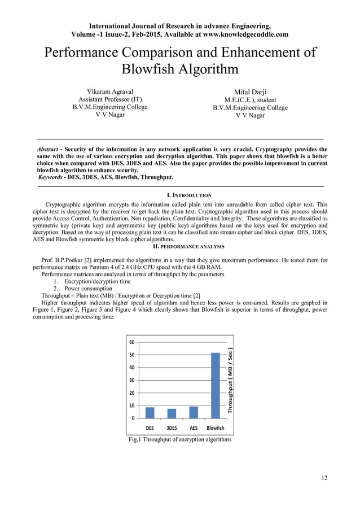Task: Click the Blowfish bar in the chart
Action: coord(216,385)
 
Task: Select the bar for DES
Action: coord(150,412)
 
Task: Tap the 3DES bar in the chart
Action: coord(172,413)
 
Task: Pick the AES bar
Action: coord(194,412)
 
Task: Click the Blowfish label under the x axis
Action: coord(216,428)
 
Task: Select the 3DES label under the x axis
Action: coord(172,428)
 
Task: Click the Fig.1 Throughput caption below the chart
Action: coord(180,439)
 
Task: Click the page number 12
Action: coord(323,478)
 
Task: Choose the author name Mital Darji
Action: coord(250,91)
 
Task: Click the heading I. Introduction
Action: coord(180,195)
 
